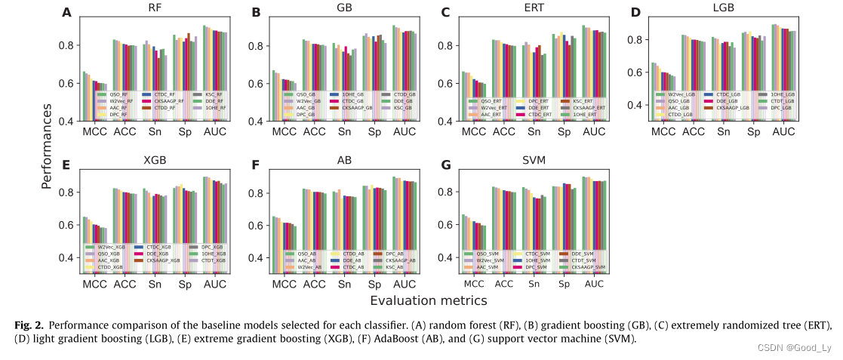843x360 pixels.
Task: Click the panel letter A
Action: point(67,12)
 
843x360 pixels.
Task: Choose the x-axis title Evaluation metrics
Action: point(428,300)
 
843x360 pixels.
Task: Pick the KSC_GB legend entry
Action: point(403,108)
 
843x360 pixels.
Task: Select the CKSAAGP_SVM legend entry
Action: point(589,267)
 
